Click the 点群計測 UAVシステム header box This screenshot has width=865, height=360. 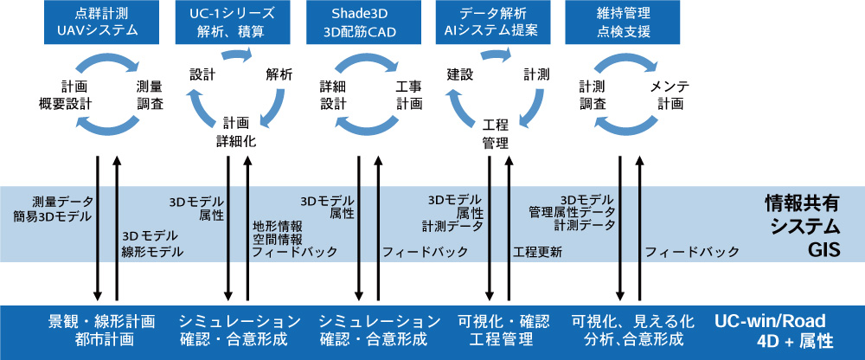tap(98, 22)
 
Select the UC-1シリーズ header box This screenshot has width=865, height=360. tap(231, 22)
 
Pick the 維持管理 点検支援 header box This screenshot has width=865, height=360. tap(623, 22)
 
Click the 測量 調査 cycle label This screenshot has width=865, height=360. tap(150, 95)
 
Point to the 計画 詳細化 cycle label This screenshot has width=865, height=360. tap(236, 131)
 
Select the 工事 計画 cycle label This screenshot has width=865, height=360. tap(409, 95)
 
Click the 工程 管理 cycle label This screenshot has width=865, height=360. tap(495, 133)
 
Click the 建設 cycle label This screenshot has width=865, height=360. tap(459, 74)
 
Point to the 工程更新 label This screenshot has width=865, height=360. tap(537, 253)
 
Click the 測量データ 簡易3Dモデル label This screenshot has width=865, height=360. tap(54, 209)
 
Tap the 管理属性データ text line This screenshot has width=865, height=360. tap(572, 212)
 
